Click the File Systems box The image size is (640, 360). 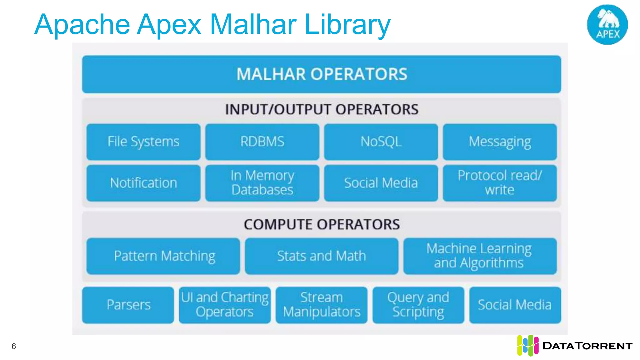[x=143, y=142]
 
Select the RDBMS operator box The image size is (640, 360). [x=262, y=142]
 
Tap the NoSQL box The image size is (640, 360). [x=381, y=142]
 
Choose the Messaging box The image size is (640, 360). [x=500, y=142]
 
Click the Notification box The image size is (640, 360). [x=143, y=183]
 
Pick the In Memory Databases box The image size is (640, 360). [x=262, y=183]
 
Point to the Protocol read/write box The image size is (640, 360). [x=500, y=183]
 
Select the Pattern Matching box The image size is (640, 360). [x=163, y=256]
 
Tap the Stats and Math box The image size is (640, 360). [x=322, y=256]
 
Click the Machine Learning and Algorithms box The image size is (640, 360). [x=480, y=256]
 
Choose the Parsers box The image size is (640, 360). [x=128, y=305]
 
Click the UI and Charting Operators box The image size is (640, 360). [x=225, y=305]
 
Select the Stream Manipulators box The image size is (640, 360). [x=322, y=305]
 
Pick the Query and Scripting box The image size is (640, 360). [x=418, y=305]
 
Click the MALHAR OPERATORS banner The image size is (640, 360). [x=322, y=74]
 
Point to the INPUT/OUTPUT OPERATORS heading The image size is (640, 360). [x=322, y=110]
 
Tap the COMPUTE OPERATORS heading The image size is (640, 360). [x=322, y=224]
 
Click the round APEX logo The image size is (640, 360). [x=607, y=25]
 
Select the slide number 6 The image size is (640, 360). [x=14, y=346]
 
